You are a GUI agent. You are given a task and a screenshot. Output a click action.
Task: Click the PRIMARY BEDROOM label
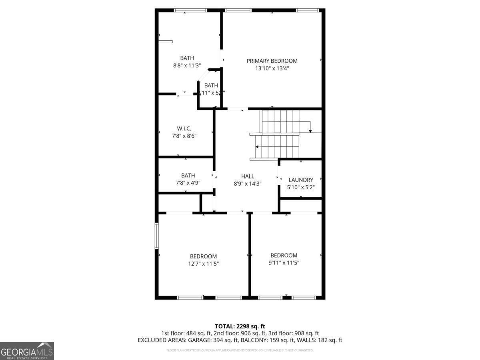point(272,61)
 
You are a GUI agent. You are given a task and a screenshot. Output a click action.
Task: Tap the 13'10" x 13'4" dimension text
point(272,68)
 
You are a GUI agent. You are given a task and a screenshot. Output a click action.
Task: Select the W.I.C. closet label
point(184,128)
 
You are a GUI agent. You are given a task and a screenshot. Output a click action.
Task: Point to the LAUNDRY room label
point(301,180)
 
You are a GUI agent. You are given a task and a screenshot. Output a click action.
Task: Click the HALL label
point(248,176)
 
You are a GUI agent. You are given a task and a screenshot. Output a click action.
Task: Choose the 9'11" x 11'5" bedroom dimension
point(284,263)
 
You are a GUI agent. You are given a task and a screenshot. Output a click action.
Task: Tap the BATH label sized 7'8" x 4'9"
point(188,175)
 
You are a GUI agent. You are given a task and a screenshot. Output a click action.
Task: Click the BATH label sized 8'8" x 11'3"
point(187,58)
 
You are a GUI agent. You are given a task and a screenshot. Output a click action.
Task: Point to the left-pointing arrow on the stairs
point(258,147)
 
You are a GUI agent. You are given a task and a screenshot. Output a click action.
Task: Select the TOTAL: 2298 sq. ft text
point(240,326)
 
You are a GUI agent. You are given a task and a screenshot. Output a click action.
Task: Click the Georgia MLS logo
point(27,351)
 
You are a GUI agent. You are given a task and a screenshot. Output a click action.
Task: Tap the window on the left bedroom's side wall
point(157,236)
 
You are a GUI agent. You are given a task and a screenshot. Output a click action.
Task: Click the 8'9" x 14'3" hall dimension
point(248,184)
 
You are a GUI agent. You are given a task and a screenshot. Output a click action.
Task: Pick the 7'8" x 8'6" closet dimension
point(184,136)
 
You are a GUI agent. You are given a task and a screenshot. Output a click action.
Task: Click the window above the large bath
point(190,10)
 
